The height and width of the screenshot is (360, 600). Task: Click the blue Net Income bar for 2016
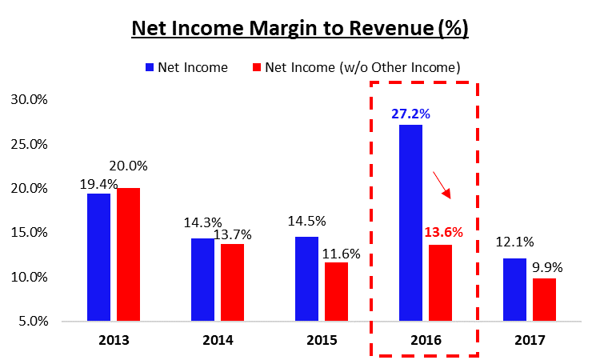coord(411,222)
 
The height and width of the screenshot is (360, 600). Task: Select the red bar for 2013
coord(128,254)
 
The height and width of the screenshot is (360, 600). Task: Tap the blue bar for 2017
coord(514,290)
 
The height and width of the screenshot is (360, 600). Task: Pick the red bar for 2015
coord(335,291)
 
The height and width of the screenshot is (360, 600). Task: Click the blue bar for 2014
coord(202,279)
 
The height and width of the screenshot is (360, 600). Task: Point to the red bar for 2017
coord(544,299)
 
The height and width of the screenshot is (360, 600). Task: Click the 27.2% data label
coord(411,114)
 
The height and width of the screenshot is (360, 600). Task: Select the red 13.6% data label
coord(443,234)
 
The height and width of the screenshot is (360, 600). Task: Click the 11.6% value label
coord(340,252)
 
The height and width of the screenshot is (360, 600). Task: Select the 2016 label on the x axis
coord(425,340)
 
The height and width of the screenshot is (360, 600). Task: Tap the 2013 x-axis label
coord(113,340)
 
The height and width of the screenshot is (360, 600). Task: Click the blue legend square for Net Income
coord(150,68)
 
